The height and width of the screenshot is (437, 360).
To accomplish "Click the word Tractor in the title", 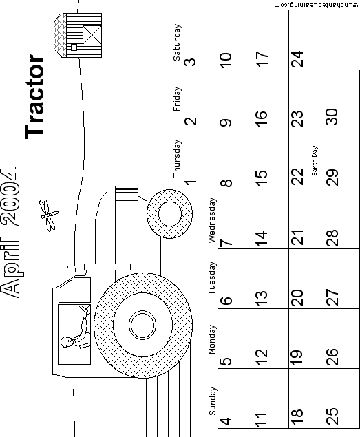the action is point(35,96).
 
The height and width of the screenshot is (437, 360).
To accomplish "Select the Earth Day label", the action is point(315,160).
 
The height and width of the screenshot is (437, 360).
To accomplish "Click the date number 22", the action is point(297,176).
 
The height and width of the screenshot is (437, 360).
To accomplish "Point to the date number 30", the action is point(332,116).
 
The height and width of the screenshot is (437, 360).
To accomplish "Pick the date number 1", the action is point(191,183).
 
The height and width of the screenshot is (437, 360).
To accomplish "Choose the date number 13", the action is point(262,299).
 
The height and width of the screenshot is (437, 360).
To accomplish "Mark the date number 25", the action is point(332,416).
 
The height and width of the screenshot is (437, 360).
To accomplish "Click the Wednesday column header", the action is point(212,220).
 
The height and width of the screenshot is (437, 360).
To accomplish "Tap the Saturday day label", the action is point(177,43).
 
